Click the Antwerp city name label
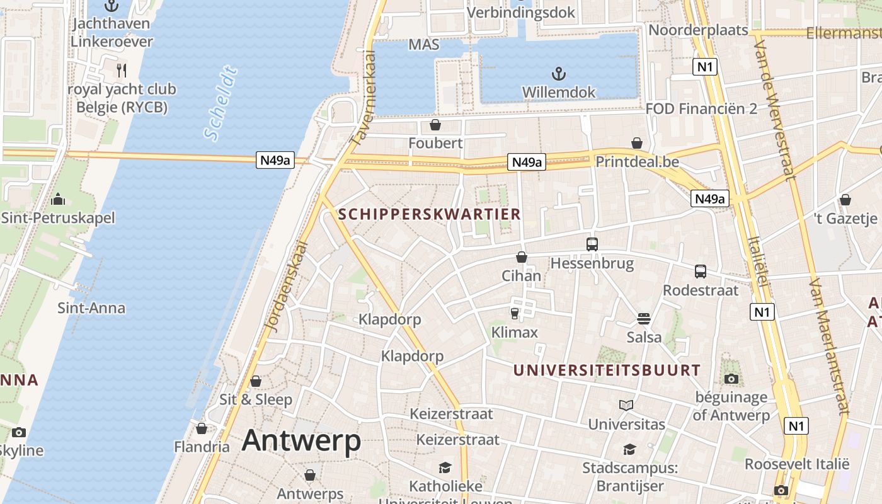[x=301, y=440]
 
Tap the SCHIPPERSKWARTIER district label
[x=430, y=214]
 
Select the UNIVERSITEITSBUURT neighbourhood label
[x=607, y=370]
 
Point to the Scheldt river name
[x=221, y=103]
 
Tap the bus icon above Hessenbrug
[x=592, y=244]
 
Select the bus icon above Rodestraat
[x=700, y=272]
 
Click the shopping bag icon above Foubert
[x=435, y=125]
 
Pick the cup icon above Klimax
[x=514, y=313]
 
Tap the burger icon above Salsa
[x=643, y=318]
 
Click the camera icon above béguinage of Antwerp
[x=731, y=379]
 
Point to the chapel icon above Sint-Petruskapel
[x=58, y=200]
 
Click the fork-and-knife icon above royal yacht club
[x=122, y=70]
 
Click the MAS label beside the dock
[x=423, y=45]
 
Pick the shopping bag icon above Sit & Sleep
[x=256, y=381]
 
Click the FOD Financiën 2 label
[x=701, y=108]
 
